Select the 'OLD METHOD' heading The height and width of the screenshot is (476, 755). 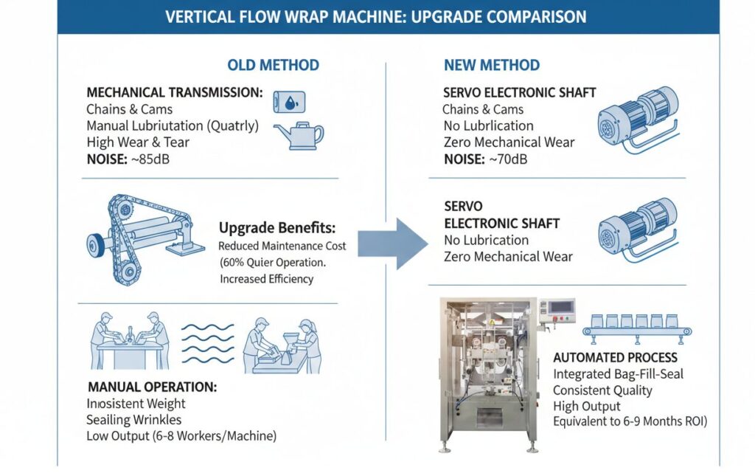[x=273, y=65]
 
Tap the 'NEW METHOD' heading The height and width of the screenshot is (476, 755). [x=492, y=65]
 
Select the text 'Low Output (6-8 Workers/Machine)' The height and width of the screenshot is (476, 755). [x=181, y=437]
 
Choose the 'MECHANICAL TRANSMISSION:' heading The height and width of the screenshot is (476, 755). [x=175, y=93]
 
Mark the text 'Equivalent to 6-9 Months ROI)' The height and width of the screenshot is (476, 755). [x=630, y=422]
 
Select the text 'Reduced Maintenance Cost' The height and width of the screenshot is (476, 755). [x=282, y=246]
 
